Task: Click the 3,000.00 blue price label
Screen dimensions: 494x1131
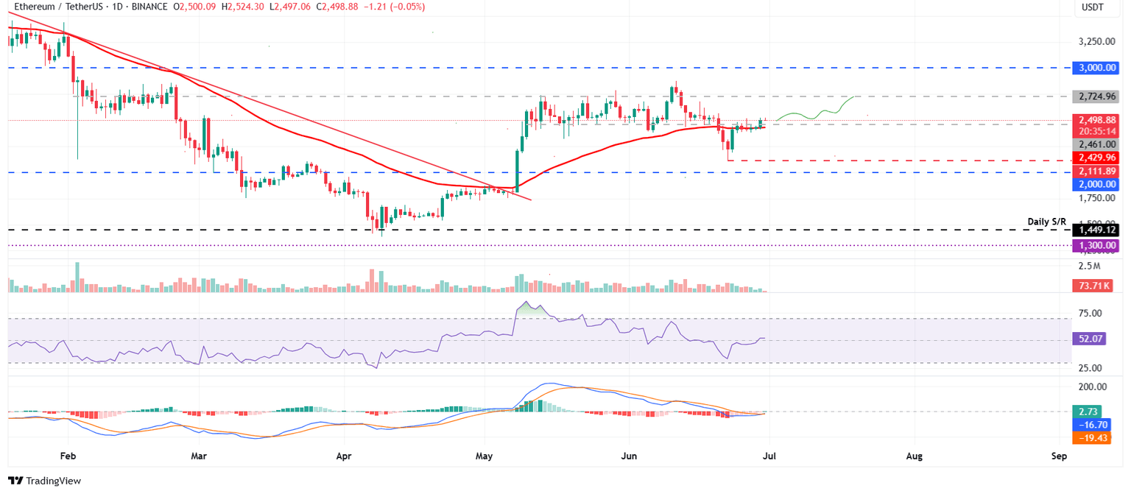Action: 1096,68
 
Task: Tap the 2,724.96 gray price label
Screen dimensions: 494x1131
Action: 1096,96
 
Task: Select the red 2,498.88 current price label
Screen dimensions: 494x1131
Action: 1096,120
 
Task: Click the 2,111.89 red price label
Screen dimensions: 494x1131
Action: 1096,172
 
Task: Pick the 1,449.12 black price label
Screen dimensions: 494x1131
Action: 1096,230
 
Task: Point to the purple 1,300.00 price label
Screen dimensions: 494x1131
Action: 1096,246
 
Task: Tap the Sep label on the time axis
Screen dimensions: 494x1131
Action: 1060,456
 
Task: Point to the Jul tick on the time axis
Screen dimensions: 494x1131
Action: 770,456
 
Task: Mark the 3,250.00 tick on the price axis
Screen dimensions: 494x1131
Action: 1094,41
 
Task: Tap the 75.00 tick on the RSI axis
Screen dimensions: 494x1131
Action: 1091,313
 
